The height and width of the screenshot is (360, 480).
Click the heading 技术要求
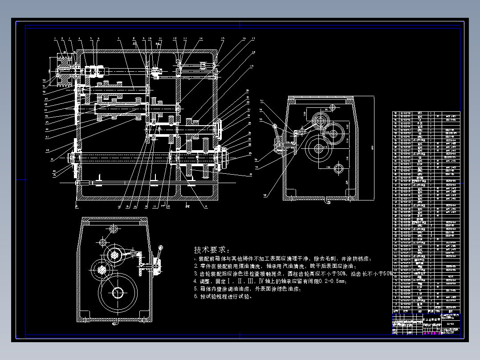[x=212, y=250]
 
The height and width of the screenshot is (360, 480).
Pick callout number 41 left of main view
[x=52, y=158]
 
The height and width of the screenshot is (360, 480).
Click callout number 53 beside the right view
[x=262, y=101]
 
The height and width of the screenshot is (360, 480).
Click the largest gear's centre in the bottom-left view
[x=118, y=292]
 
